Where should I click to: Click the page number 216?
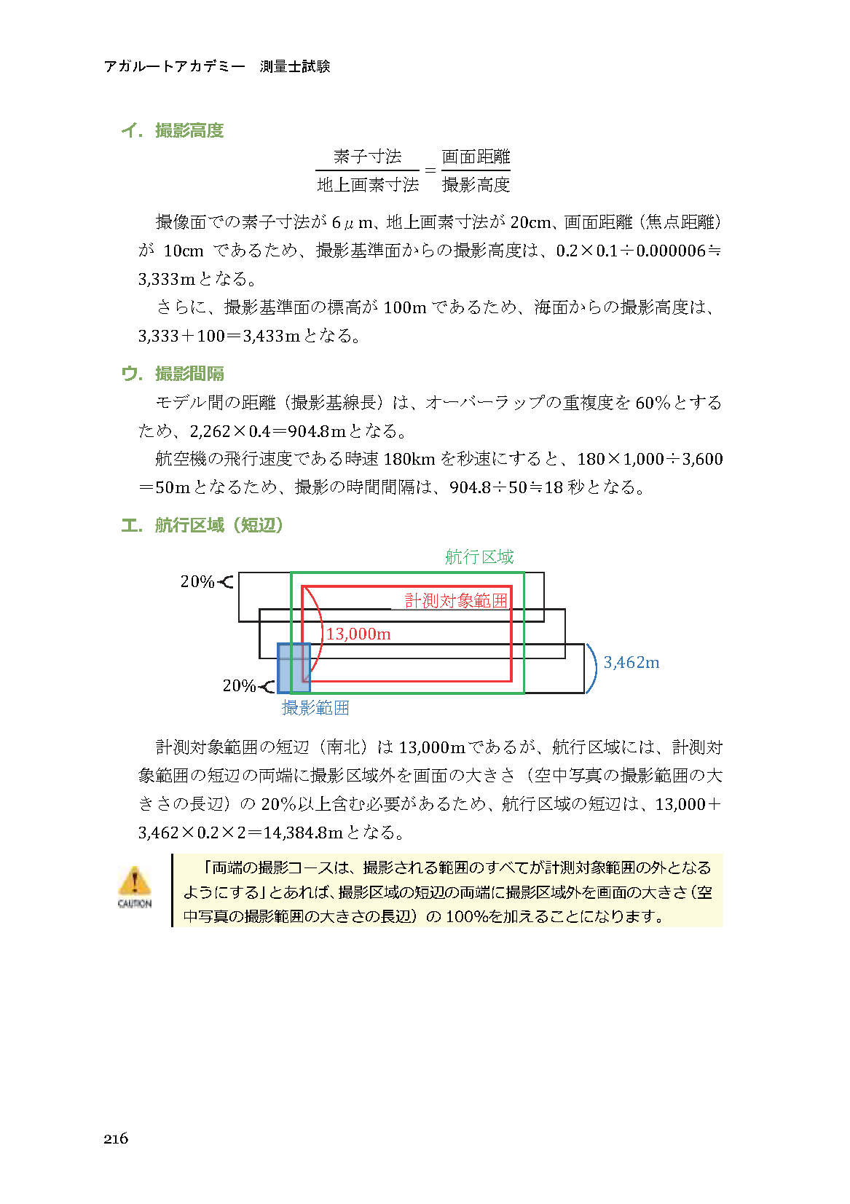coord(116,1138)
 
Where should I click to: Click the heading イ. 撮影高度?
coord(173,130)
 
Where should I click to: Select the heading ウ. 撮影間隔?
coord(173,374)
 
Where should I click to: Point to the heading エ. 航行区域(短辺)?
coord(202,525)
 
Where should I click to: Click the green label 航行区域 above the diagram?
coord(479,557)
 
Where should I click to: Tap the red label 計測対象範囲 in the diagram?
coord(456,600)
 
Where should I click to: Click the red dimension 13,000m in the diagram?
coord(358,634)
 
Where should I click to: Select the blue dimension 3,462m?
coord(631,663)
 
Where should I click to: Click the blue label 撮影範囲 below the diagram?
coord(315,707)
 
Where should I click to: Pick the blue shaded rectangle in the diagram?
coord(294,668)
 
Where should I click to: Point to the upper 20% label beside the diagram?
coord(197,581)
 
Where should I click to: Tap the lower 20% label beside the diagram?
coord(239,685)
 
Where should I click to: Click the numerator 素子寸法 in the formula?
coord(368,157)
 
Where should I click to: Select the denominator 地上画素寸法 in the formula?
coord(368,185)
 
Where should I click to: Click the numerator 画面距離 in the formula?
coord(476,157)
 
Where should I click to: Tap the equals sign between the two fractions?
coord(430,171)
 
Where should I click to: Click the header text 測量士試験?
coord(295,66)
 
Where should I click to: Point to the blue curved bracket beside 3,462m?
coord(592,668)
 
